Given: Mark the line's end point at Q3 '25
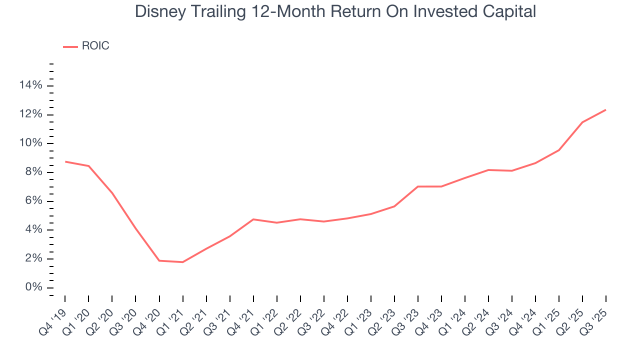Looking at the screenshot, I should [x=605, y=110].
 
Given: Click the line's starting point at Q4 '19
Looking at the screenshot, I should [x=65, y=161].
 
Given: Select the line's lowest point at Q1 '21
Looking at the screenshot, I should [x=183, y=262].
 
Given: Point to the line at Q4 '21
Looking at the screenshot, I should [x=253, y=219].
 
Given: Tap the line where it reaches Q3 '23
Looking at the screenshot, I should [x=417, y=186].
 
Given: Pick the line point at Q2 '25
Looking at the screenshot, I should [x=582, y=122].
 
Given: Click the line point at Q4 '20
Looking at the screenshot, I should [x=159, y=260].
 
